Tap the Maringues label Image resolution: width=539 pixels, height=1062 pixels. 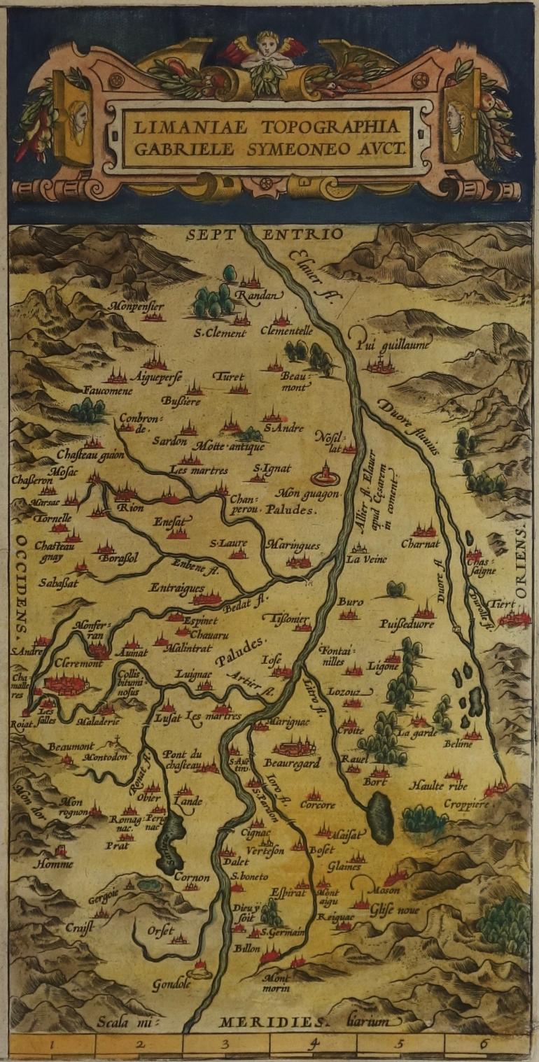click(x=293, y=546)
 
